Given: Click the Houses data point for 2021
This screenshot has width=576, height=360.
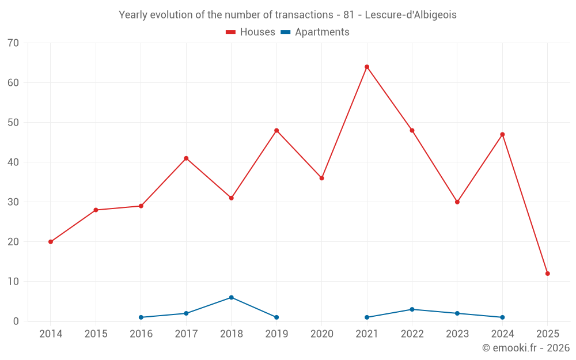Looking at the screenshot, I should pos(367,67).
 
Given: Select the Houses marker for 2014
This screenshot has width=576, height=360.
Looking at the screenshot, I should pos(51,242).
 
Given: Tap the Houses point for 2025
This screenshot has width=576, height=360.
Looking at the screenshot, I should pos(548,274).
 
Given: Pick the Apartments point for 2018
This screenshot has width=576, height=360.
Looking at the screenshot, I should pos(232,297).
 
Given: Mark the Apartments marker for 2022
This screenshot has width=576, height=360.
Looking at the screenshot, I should pos(412,309).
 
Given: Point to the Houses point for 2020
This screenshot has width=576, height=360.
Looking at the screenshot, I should pos(322,178).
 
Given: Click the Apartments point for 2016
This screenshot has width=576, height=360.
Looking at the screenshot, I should pos(141,317).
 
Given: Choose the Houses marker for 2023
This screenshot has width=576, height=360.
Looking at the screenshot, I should pos(457,202).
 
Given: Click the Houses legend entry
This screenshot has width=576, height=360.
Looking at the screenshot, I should pos(251,32).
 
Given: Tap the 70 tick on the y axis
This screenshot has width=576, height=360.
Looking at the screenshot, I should pos(13,43).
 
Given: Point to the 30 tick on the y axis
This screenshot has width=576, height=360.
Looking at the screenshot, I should pos(13,202).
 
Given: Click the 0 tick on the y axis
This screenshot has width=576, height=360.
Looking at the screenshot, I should pos(16,321).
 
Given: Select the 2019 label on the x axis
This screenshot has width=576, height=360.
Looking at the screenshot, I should pos(276,334).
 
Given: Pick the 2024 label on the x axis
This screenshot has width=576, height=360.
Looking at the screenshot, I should pos(502,334).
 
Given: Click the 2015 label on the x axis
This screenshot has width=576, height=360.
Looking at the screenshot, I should pos(96,334).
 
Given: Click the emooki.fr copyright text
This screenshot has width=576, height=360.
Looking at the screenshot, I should pos(525,348).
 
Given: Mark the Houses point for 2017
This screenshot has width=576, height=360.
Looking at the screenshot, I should pos(186,158).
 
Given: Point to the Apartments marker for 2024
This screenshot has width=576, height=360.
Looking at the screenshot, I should pos(502,317).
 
